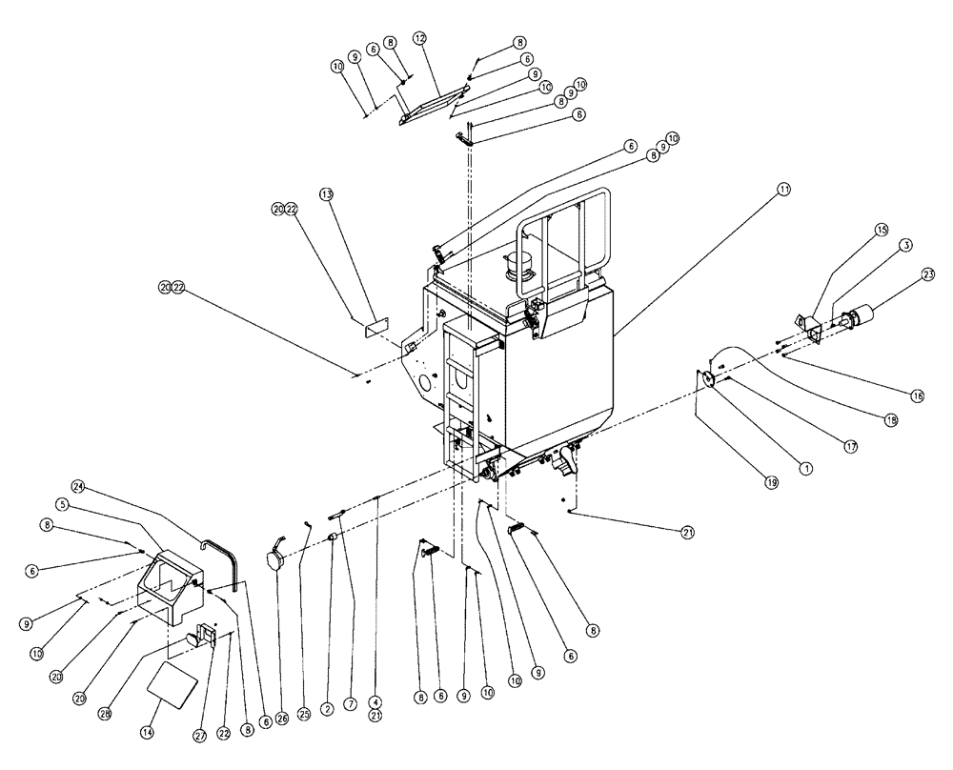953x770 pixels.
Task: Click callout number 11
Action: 783,190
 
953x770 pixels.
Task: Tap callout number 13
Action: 326,194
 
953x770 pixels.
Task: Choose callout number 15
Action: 880,229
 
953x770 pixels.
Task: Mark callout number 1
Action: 805,468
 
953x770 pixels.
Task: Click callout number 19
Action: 771,483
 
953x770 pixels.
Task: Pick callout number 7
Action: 352,706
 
